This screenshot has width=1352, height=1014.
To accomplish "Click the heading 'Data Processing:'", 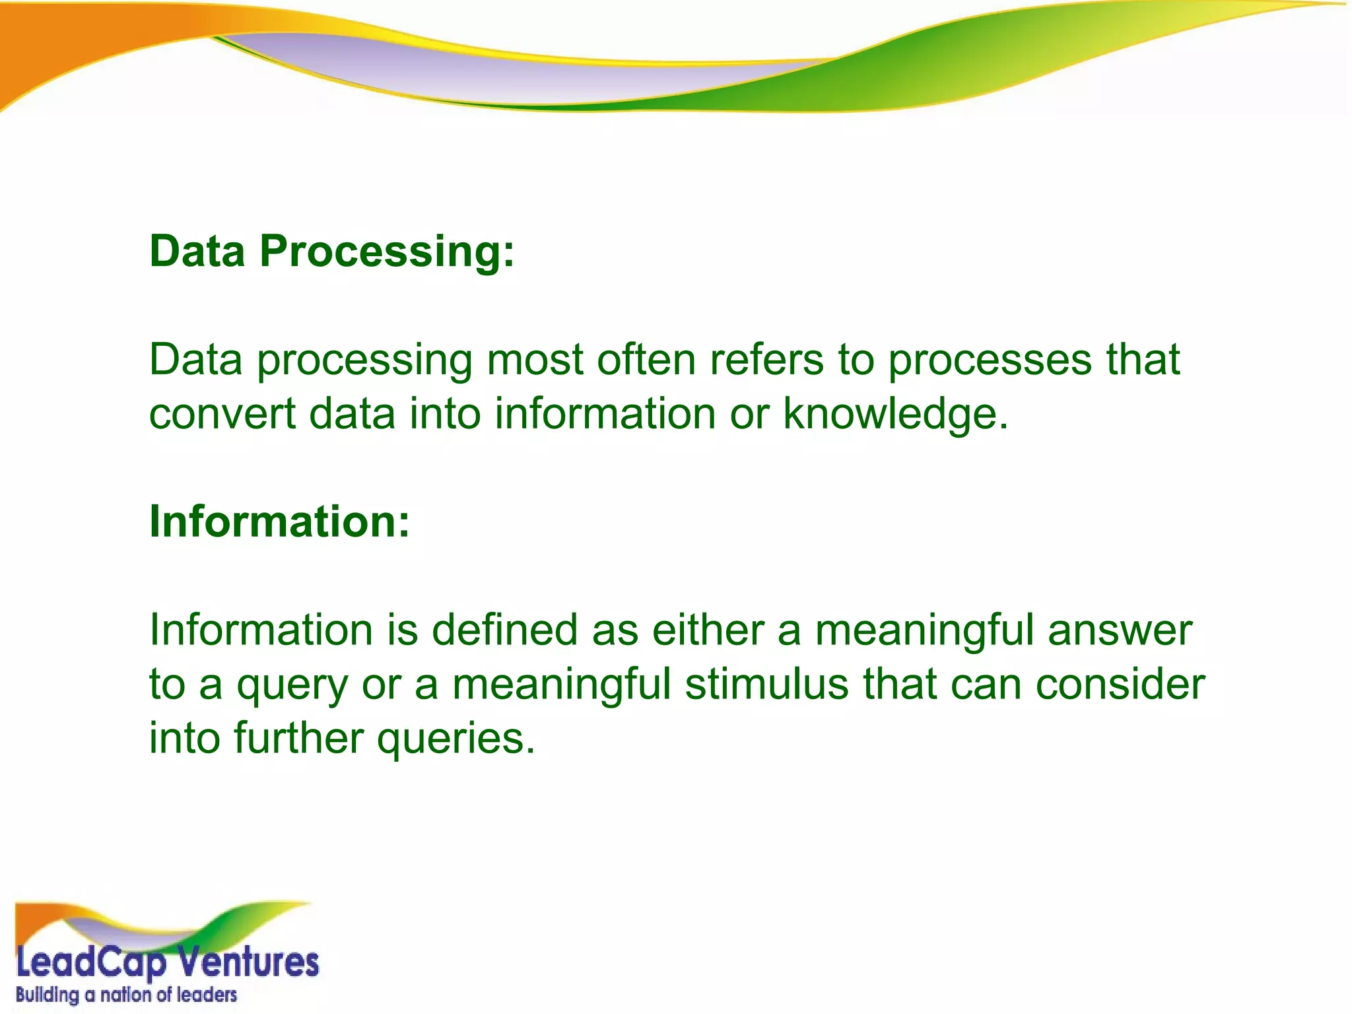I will click(x=331, y=252).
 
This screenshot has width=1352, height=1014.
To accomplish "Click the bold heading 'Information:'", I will click(x=280, y=522).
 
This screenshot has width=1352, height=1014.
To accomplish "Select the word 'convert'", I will click(x=222, y=414).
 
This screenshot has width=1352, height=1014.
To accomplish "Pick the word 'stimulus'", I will click(x=766, y=684).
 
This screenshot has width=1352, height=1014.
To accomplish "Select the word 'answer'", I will click(x=1120, y=630).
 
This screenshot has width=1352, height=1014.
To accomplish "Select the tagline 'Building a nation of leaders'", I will click(x=126, y=995).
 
